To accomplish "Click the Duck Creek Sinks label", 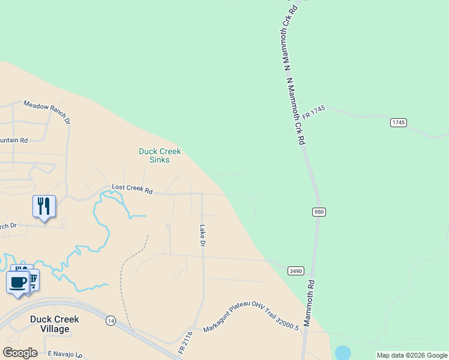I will pyautogui.click(x=160, y=156).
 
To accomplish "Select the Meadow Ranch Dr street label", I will pyautogui.click(x=47, y=112).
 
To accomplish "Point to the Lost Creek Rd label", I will pyautogui.click(x=132, y=190).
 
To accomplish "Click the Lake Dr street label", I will pyautogui.click(x=203, y=236).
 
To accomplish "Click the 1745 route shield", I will pyautogui.click(x=399, y=122).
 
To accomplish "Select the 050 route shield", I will pyautogui.click(x=319, y=212).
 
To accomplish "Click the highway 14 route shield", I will pyautogui.click(x=110, y=321).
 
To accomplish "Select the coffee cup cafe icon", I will pyautogui.click(x=18, y=281).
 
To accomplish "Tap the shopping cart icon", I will pyautogui.click(x=34, y=278).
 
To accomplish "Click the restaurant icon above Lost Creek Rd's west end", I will pyautogui.click(x=44, y=206).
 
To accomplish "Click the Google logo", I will pyautogui.click(x=20, y=353).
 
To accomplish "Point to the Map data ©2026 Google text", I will pyautogui.click(x=412, y=355).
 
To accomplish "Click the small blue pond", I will pyautogui.click(x=342, y=352).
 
